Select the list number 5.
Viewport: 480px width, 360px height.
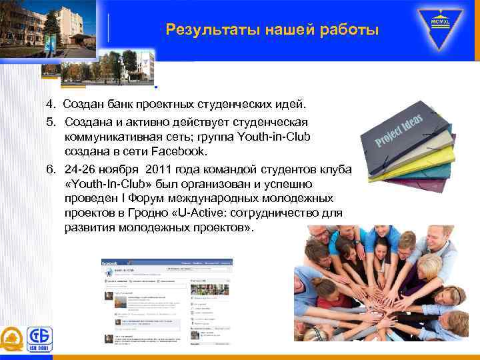[50, 122]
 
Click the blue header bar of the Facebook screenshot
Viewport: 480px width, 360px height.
[166, 263]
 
